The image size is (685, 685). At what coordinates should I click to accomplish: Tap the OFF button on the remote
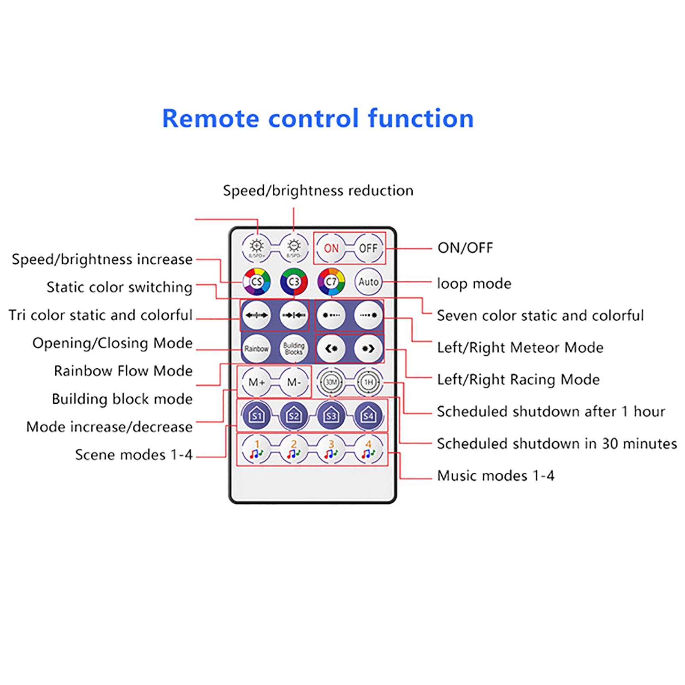368,248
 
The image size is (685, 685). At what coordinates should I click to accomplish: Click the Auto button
368,282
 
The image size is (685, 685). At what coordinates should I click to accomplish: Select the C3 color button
294,282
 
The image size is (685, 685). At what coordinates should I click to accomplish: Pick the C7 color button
331,282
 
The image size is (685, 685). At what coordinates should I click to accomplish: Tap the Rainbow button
256,348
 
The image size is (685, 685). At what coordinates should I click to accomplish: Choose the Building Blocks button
294,348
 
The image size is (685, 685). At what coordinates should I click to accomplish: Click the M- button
294,382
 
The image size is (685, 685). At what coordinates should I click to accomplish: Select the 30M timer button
331,382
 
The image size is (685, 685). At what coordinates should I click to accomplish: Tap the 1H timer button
368,382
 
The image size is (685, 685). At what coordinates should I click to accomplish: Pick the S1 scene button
256,415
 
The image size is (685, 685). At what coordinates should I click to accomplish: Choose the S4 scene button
368,415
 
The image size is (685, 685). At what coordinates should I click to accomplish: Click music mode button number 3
331,450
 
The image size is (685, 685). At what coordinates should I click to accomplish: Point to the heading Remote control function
318,119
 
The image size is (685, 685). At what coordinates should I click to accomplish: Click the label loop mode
474,283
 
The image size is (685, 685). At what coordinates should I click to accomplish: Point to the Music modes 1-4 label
495,476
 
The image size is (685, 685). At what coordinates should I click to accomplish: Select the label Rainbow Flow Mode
123,371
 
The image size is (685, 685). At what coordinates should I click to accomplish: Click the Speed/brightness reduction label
318,191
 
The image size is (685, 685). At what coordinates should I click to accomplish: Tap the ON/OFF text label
465,248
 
